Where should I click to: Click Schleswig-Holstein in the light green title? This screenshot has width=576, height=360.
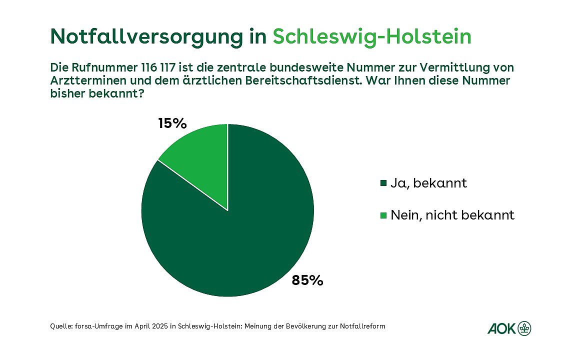pos(372,37)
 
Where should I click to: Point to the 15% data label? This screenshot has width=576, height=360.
pos(172,123)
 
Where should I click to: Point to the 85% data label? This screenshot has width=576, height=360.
pos(307,280)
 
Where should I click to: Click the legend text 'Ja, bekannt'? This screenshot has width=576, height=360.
pos(428,183)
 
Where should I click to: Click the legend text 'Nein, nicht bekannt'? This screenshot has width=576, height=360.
pos(452,215)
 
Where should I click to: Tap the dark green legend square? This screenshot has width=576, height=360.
pos(383,183)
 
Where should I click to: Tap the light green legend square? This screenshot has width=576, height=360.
pos(383,216)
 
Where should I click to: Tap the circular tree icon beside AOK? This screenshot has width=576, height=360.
pos(524,328)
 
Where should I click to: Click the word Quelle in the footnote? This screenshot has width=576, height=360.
pos(61,326)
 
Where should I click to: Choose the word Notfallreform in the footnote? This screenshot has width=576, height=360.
pos(364,326)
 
